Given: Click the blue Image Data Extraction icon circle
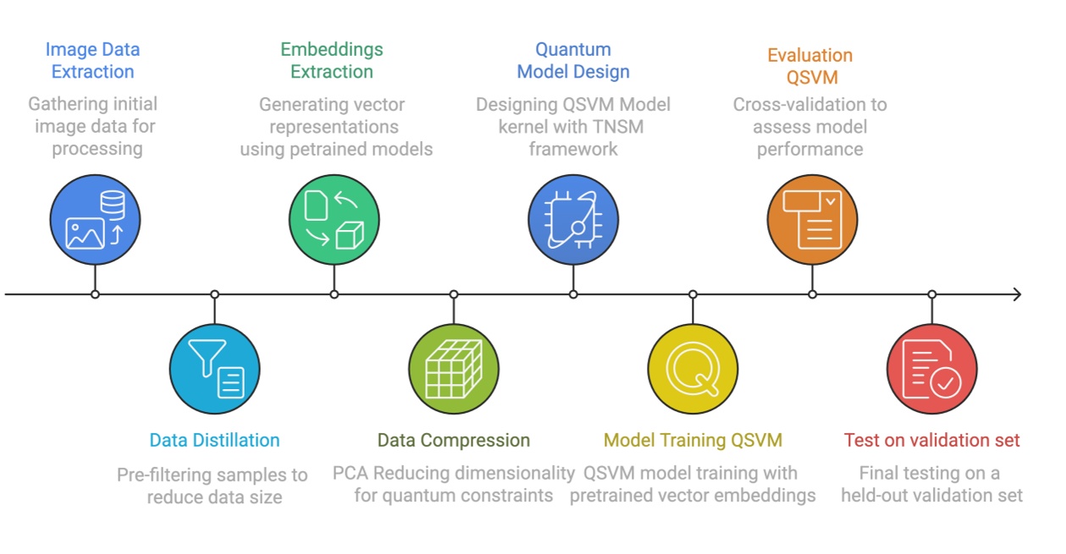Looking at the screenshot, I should pyautogui.click(x=95, y=220).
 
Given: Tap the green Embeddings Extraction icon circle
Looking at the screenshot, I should pyautogui.click(x=334, y=220).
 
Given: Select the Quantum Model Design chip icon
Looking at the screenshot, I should pyautogui.click(x=573, y=220).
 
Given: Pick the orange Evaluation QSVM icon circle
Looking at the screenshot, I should pyautogui.click(x=812, y=220).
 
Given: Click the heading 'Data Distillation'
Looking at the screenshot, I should pyautogui.click(x=214, y=440).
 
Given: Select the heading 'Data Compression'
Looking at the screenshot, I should pyautogui.click(x=453, y=440).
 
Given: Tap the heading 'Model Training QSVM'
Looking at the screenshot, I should pyautogui.click(x=693, y=440).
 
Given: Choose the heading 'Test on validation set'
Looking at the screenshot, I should pyautogui.click(x=931, y=440).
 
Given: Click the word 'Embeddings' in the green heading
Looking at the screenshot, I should pyautogui.click(x=332, y=49).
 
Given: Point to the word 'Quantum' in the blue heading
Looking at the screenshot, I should pyautogui.click(x=573, y=49).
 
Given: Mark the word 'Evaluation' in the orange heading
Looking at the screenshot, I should pyautogui.click(x=810, y=56).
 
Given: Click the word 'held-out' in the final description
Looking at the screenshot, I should pyautogui.click(x=875, y=495).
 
